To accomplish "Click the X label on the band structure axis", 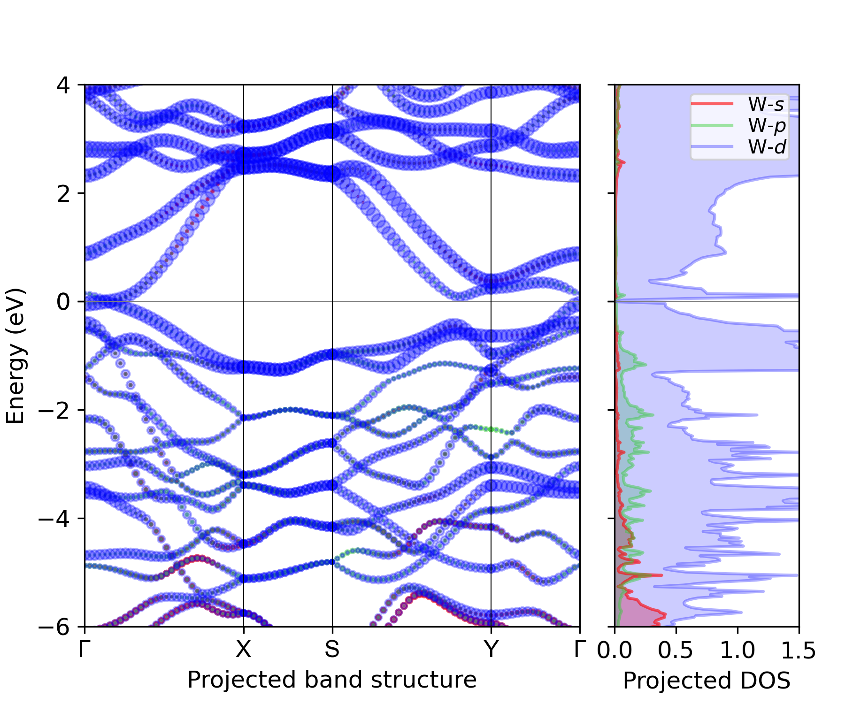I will [243, 650].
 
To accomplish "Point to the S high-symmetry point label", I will [332, 650].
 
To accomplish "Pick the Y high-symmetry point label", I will [491, 650].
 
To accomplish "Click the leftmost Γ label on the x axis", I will [84, 650].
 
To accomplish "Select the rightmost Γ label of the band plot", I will [580, 650].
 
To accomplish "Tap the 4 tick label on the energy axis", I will [63, 86].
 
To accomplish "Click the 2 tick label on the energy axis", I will [63, 194].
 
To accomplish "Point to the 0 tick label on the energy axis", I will [63, 302].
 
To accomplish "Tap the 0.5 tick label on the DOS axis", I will [676, 650].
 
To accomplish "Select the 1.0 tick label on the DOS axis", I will [737, 650].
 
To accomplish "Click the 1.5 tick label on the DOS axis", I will [798, 650].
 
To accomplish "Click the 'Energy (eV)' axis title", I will [15, 356].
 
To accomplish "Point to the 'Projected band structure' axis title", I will [332, 680].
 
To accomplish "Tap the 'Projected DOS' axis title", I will [707, 681].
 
